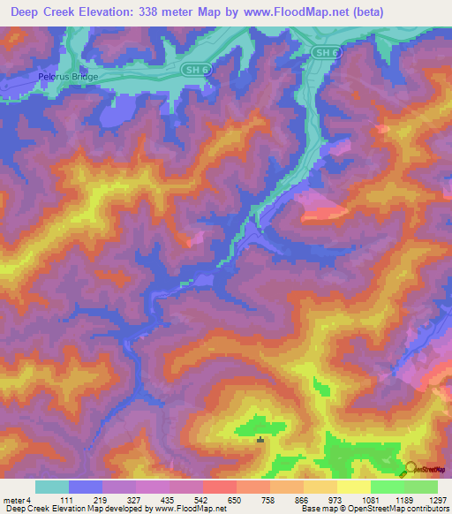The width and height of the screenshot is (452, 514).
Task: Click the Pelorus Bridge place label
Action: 67,77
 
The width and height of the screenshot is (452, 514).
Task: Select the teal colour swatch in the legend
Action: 52,487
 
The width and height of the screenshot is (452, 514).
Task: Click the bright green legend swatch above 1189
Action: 387,487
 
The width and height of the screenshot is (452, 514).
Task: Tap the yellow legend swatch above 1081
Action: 353,487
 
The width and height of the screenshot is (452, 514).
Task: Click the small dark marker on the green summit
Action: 260,440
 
